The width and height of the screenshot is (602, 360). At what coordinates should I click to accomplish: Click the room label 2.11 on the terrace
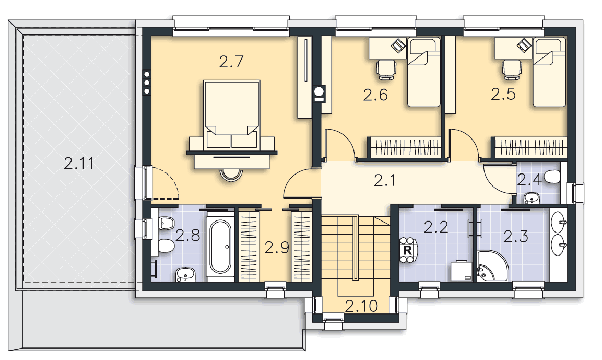tap(79, 164)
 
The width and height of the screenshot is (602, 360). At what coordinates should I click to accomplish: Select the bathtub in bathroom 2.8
tap(220, 246)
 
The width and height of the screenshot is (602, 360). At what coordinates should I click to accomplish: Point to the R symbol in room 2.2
tap(407, 250)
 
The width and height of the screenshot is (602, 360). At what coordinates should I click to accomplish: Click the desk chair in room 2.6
tap(386, 69)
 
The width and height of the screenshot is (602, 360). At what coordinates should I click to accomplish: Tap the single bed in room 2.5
tap(549, 72)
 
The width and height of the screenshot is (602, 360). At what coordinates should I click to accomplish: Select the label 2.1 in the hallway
tap(385, 180)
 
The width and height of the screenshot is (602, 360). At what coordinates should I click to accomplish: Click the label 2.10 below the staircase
tap(361, 306)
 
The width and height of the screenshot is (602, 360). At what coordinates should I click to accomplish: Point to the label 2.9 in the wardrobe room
tap(276, 248)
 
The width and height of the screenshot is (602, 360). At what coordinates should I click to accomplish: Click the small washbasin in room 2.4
tap(532, 198)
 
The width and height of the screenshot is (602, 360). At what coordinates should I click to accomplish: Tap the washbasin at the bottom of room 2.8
tap(186, 274)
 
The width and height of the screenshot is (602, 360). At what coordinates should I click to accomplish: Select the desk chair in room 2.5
tap(512, 69)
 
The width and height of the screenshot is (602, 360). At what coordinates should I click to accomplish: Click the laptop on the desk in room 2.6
tap(398, 45)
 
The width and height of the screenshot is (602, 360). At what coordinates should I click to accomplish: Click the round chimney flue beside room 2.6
tap(319, 91)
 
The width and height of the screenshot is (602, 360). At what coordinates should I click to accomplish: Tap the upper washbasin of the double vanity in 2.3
tap(559, 219)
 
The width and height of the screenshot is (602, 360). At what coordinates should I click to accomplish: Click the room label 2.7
tap(231, 62)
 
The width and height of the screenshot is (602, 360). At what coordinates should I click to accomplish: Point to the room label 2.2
tap(436, 227)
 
